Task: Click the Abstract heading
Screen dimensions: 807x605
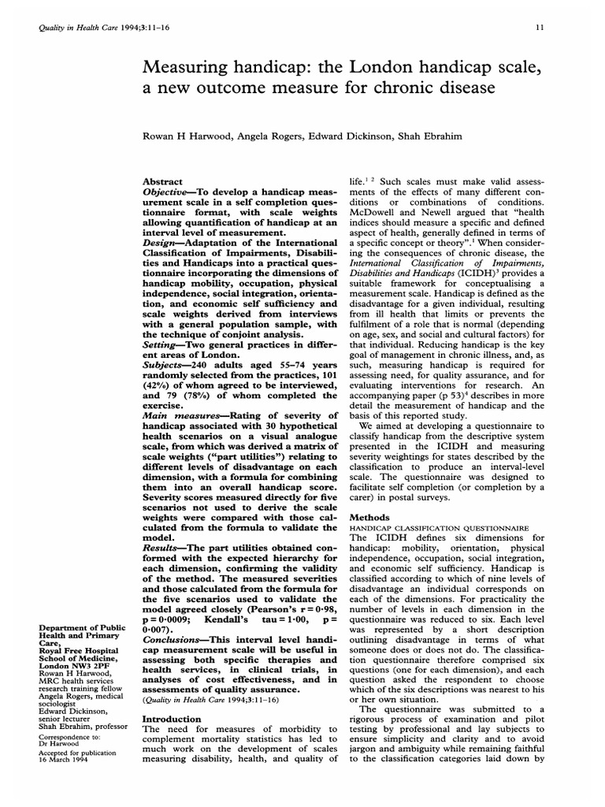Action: click(x=161, y=181)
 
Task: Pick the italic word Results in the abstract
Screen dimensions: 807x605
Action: click(x=162, y=546)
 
